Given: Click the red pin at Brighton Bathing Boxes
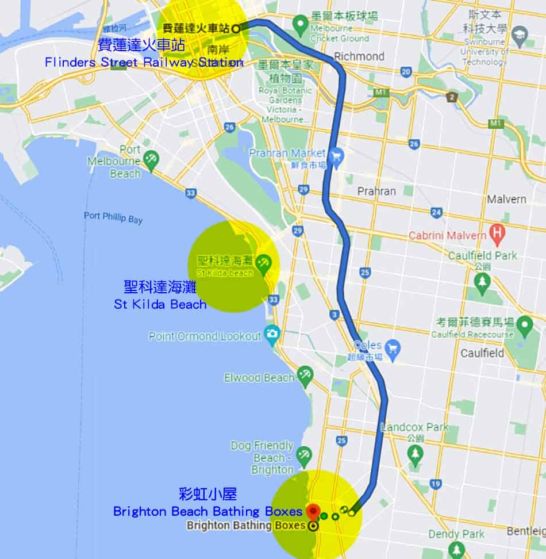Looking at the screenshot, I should click(313, 511).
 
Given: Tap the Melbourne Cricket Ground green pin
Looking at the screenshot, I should click(299, 24).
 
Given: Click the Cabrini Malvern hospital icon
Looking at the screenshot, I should click(495, 234).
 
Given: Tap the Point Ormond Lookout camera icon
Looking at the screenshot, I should click(272, 334).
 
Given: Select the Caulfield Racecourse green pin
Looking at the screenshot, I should click(524, 326).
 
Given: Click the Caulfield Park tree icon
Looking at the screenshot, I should click(482, 282).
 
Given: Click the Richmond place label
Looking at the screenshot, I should click(359, 56).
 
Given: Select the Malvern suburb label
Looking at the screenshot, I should click(506, 199).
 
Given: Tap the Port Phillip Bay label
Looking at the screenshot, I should click(113, 217).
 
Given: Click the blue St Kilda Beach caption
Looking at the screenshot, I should click(160, 304).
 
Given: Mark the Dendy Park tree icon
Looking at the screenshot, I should click(456, 550).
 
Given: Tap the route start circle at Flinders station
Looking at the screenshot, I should click(236, 26).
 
